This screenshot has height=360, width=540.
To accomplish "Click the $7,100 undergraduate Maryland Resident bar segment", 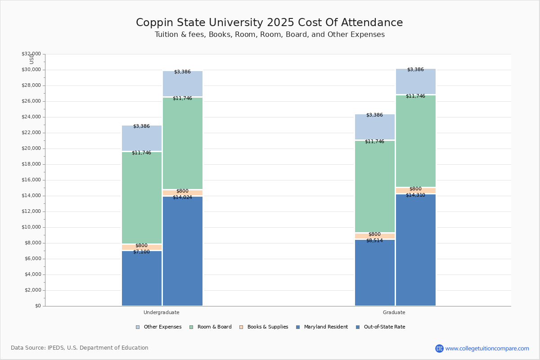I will [x=141, y=279].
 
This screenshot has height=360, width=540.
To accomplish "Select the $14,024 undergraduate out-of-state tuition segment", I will [x=182, y=252].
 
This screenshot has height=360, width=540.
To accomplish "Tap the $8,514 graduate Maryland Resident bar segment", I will [x=374, y=274].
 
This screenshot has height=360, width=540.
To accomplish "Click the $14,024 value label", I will [x=182, y=197].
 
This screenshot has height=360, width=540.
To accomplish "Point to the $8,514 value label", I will [x=374, y=240].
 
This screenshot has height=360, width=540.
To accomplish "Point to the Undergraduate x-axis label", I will [x=162, y=312].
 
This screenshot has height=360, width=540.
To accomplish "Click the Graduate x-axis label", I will [x=394, y=312].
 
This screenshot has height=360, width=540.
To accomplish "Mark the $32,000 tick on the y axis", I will [x=31, y=54].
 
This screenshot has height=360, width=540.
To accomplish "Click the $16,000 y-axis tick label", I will [x=31, y=180].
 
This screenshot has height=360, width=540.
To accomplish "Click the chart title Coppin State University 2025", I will [x=269, y=22].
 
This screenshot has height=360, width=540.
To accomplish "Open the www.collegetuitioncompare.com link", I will [x=487, y=348].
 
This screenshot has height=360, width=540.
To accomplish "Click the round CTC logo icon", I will [x=439, y=348].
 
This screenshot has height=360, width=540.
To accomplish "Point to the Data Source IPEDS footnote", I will [x=80, y=348].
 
